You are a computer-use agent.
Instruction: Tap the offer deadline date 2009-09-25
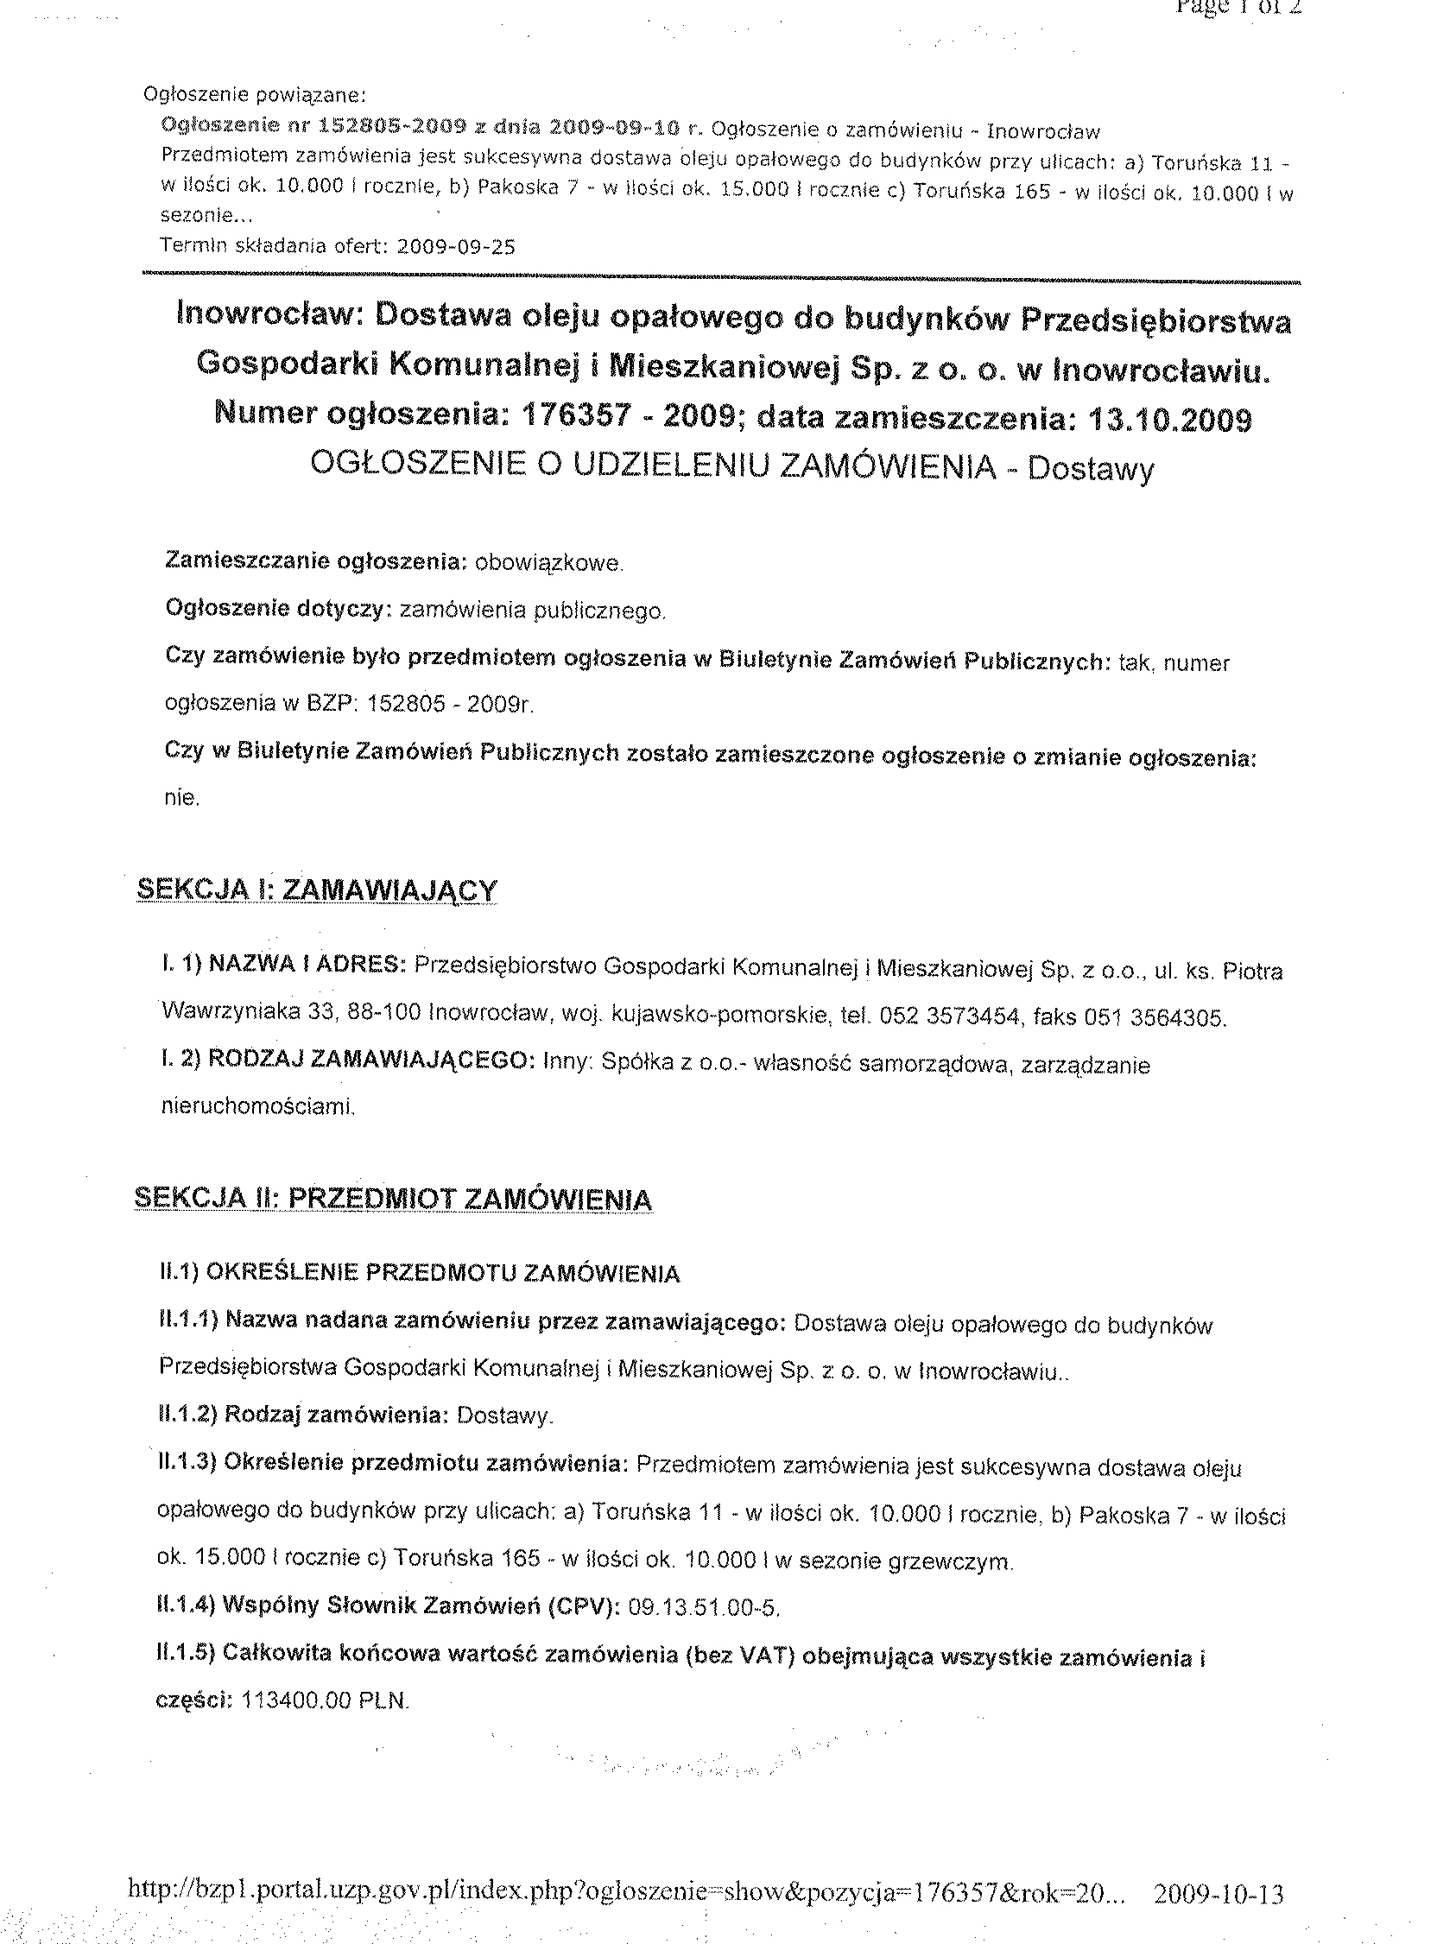tap(455, 246)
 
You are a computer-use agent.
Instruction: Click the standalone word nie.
tap(182, 798)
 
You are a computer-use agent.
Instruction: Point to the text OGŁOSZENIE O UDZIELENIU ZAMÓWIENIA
tap(652, 466)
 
